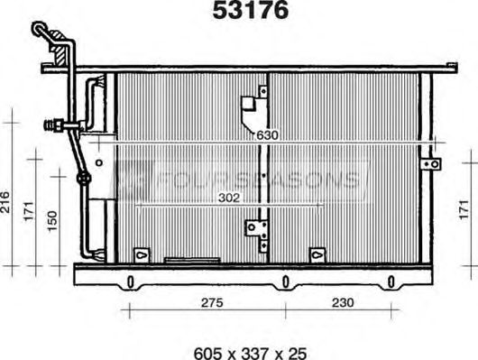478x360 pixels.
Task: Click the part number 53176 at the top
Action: [251, 10]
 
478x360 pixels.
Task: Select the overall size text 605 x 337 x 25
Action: [251, 354]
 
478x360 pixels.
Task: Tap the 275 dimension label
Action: [212, 302]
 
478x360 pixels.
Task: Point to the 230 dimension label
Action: [343, 302]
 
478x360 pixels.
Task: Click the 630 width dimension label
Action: [267, 135]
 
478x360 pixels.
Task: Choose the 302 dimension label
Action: [229, 198]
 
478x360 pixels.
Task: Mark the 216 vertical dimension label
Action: [5, 202]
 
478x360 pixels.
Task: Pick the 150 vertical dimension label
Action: [52, 221]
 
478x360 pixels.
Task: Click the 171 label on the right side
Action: [464, 209]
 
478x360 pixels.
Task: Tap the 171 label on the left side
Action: [29, 211]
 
